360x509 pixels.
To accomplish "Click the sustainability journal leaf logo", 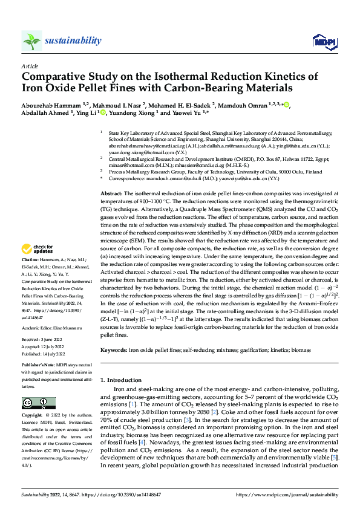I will (x=31, y=41).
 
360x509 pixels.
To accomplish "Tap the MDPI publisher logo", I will (x=321, y=41).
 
